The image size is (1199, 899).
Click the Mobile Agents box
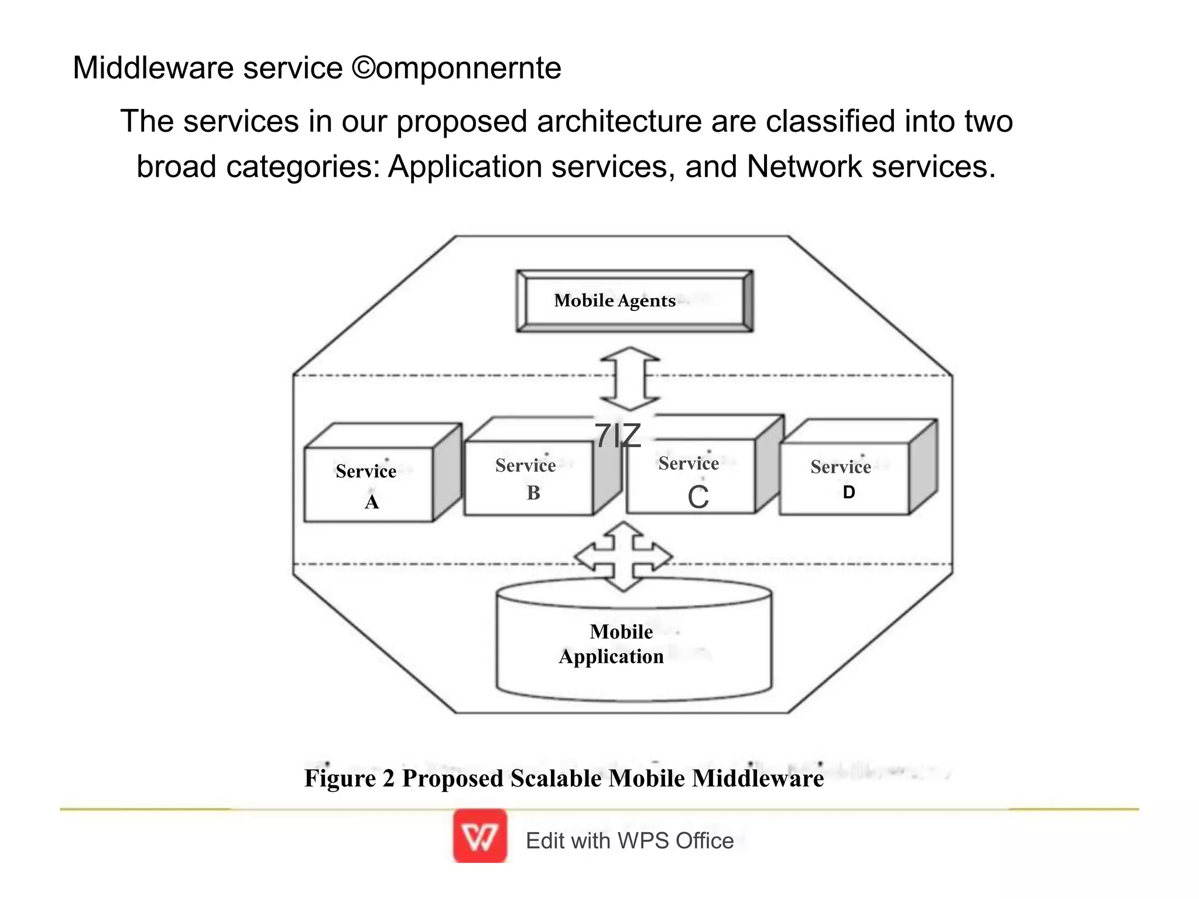[x=634, y=301]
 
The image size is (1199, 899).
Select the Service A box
[x=368, y=484]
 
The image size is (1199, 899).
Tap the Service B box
[x=528, y=478]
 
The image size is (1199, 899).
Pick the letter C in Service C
[x=698, y=498]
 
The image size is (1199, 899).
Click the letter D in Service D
[x=848, y=493]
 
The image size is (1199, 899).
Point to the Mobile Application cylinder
[x=633, y=644]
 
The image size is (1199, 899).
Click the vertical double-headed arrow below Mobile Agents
[x=630, y=378]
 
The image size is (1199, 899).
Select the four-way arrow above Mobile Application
[x=624, y=556]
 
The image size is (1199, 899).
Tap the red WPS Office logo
[x=479, y=836]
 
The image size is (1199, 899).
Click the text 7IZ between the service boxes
[x=618, y=436]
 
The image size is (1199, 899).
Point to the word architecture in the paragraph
[x=619, y=122]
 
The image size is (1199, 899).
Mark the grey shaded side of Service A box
[x=447, y=471]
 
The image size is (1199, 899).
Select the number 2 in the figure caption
[x=389, y=778]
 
